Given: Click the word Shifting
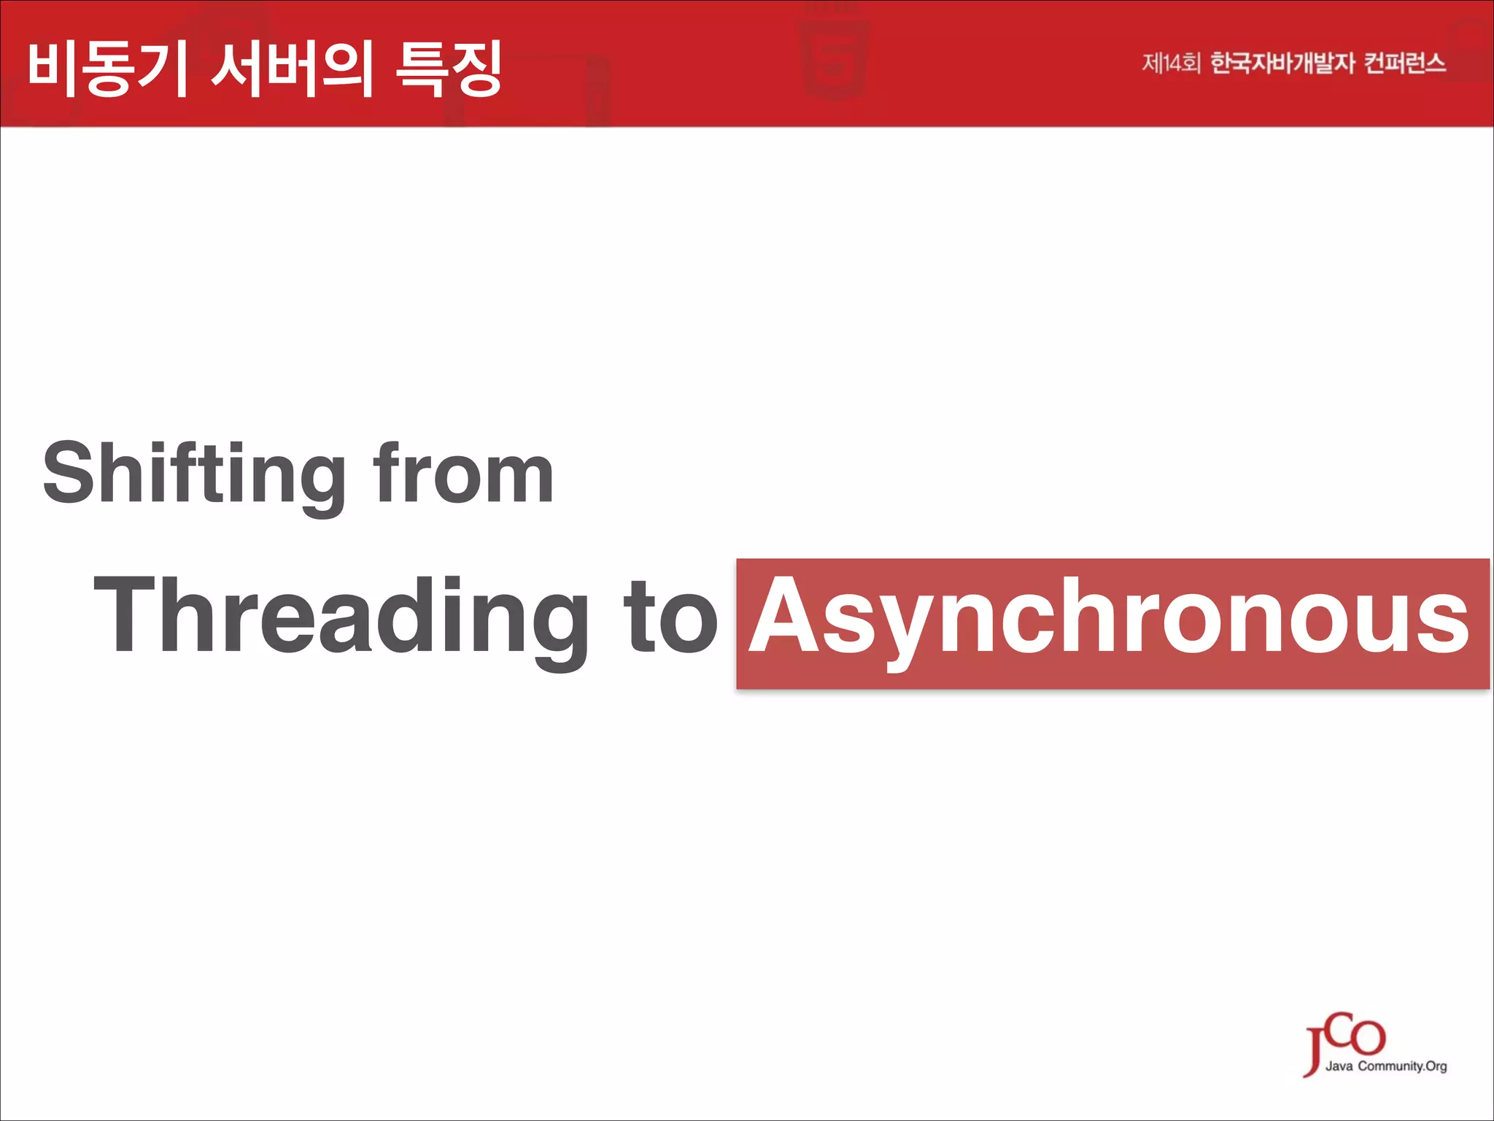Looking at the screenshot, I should tap(194, 474).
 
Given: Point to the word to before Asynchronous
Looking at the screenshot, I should tap(670, 617).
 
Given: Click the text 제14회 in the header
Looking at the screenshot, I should tap(1170, 63).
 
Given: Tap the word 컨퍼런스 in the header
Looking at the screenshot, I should tap(1404, 63).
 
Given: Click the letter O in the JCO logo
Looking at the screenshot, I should tap(1367, 1036).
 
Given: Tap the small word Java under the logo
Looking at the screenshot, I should tap(1339, 1066).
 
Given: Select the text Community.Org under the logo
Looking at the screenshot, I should tap(1402, 1066).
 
